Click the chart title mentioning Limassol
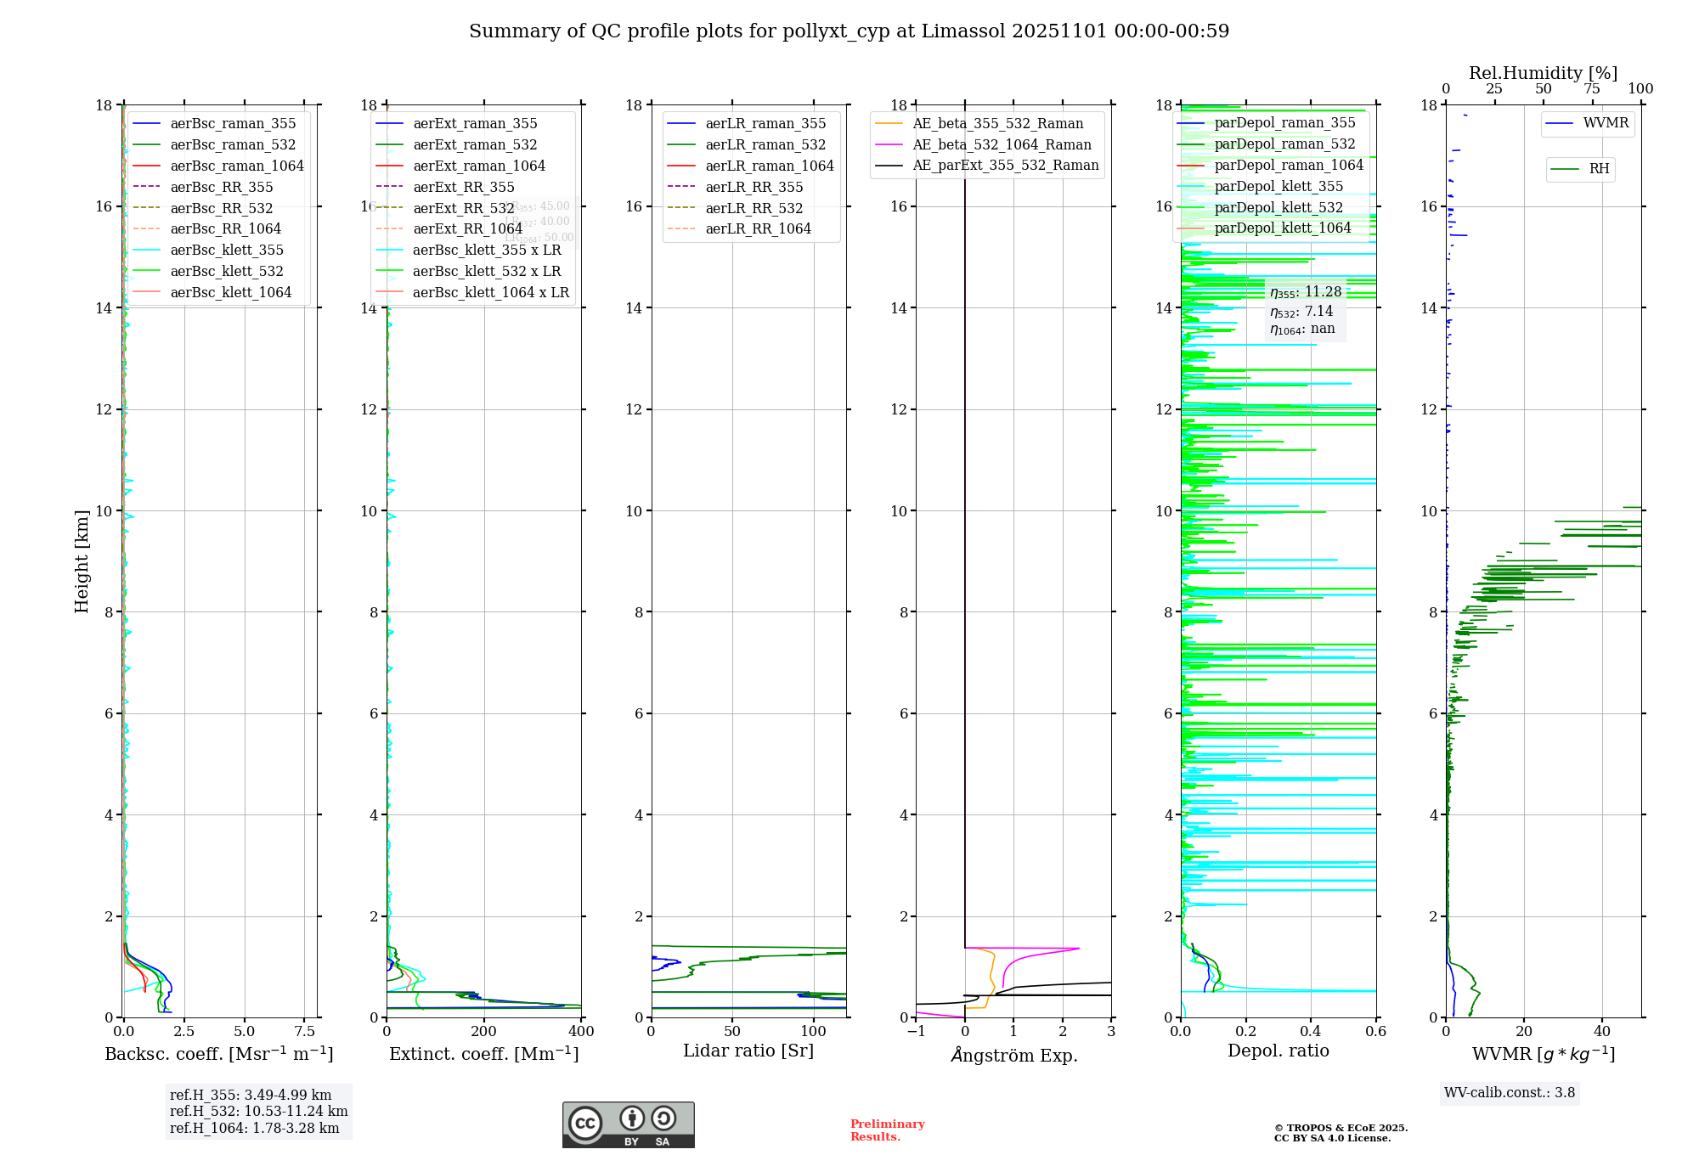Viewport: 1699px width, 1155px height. (849, 31)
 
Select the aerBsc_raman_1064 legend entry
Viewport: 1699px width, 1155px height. (236, 166)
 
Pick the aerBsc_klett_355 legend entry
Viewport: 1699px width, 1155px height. (226, 250)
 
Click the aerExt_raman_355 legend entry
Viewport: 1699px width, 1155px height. (475, 124)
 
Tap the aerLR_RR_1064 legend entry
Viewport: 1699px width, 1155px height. (758, 228)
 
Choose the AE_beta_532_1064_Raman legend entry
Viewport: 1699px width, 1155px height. (1002, 144)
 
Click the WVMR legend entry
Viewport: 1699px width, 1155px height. (1606, 123)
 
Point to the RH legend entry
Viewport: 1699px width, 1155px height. (1599, 169)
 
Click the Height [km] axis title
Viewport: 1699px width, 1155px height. (82, 561)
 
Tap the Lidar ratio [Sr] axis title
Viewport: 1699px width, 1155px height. (748, 1051)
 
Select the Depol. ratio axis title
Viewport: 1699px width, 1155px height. (1278, 1051)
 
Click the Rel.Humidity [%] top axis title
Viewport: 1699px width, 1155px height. (1543, 73)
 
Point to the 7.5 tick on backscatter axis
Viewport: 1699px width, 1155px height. (305, 1031)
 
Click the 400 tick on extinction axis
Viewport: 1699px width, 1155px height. (581, 1031)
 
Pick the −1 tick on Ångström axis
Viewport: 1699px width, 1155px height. (916, 1031)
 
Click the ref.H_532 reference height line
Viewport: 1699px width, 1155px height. (258, 1111)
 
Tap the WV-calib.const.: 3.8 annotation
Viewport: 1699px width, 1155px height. (1509, 1092)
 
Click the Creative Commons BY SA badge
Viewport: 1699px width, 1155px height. (628, 1124)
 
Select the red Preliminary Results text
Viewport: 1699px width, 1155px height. (887, 1130)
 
